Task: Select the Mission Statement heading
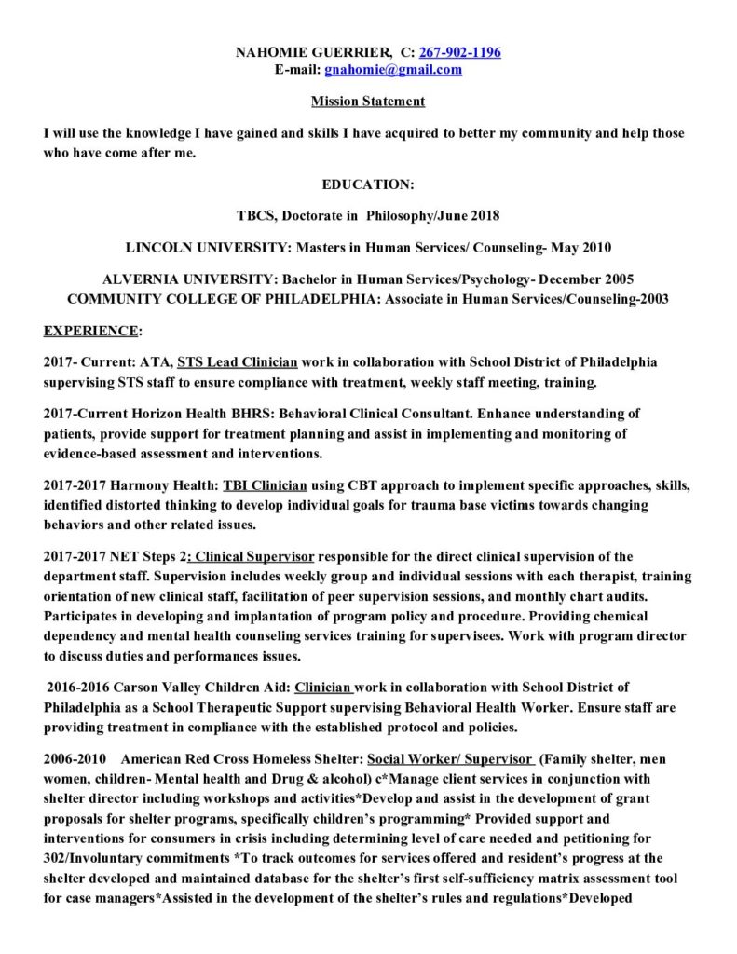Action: point(367,101)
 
